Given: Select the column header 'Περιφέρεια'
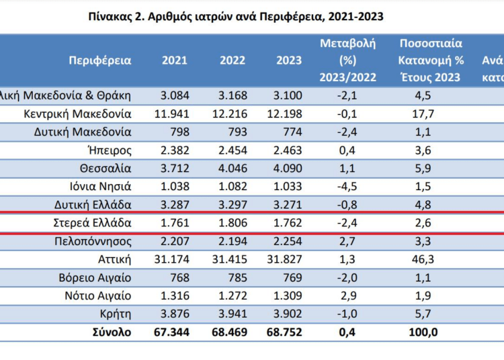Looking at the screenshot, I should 100,60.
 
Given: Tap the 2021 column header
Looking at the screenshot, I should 175,60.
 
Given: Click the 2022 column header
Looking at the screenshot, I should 233,60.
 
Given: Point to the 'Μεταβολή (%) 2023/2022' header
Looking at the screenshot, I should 348,60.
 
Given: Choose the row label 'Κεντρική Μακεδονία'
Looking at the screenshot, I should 77,114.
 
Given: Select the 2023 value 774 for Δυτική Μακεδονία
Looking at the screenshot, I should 290,132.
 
